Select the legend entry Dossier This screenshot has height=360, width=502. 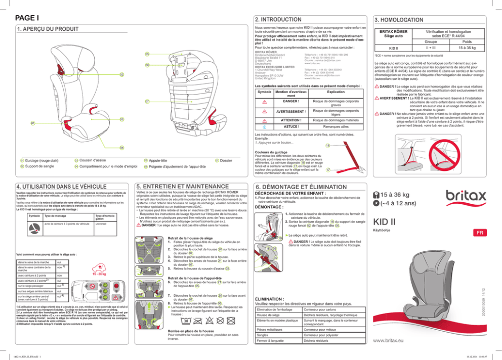228,160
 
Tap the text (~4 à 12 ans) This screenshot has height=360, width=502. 395,204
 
